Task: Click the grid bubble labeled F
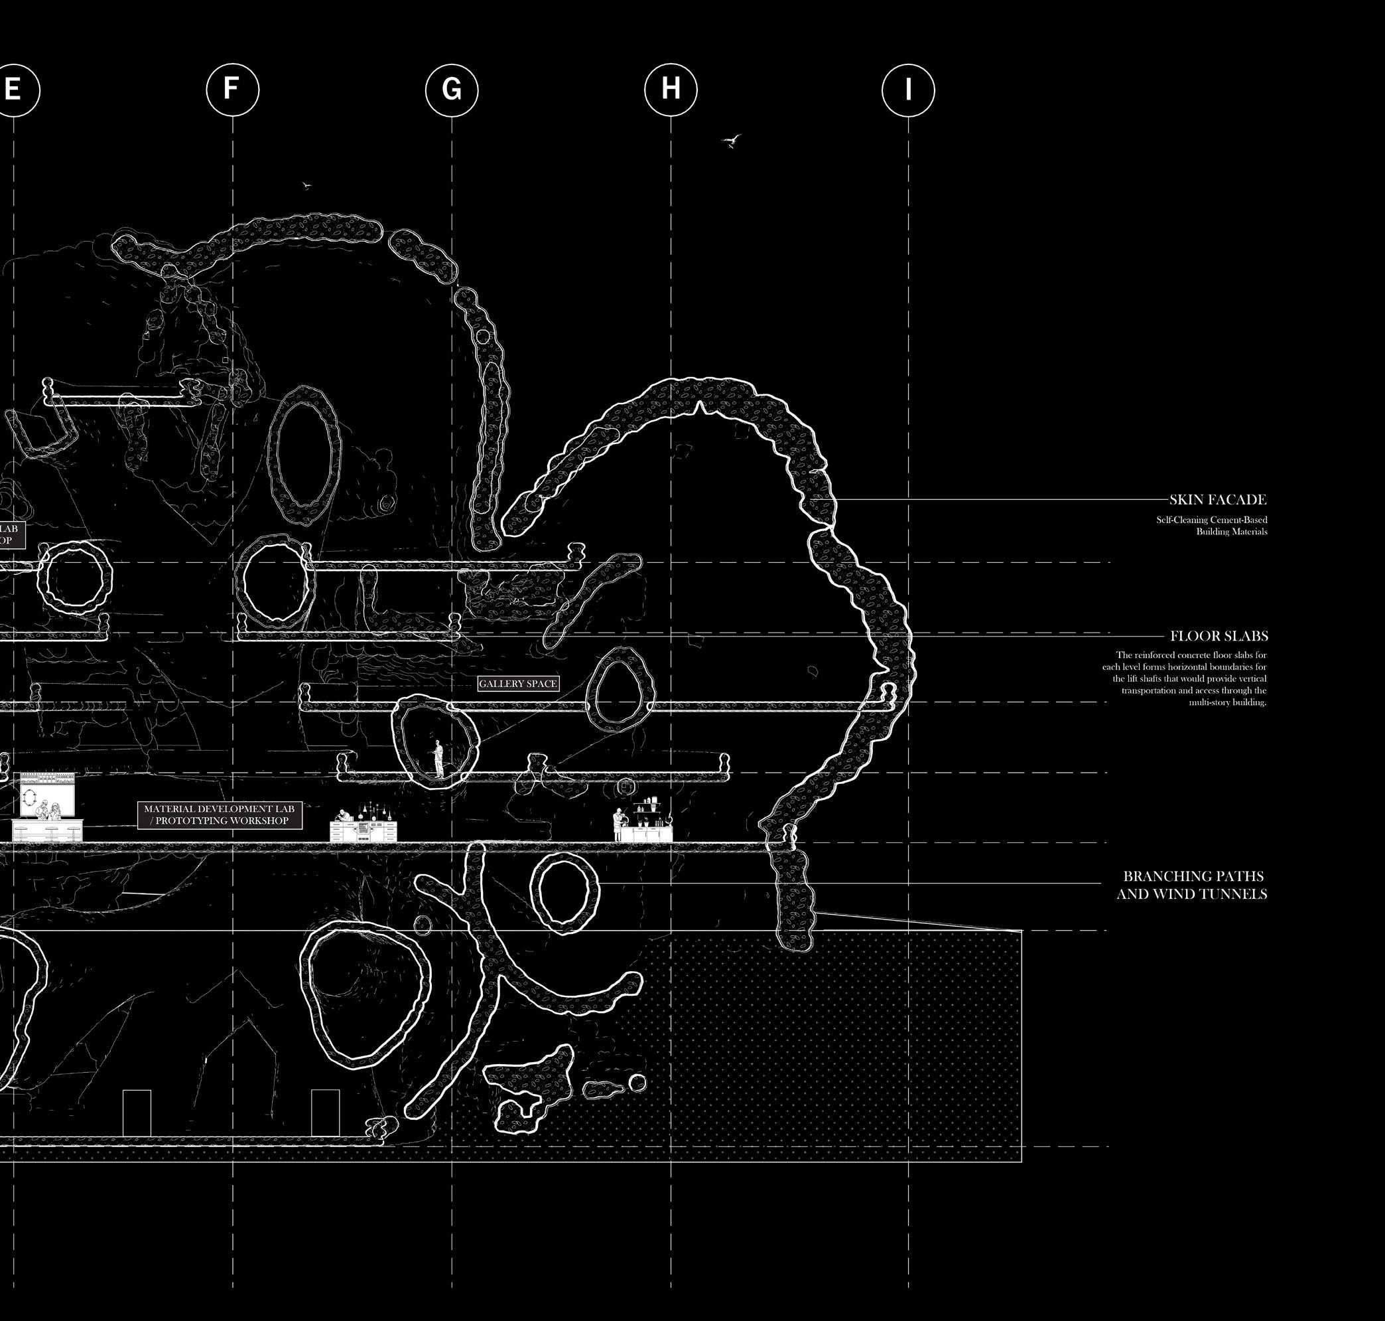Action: pyautogui.click(x=232, y=90)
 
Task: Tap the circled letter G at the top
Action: pyautogui.click(x=452, y=90)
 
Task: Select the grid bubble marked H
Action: pyautogui.click(x=671, y=90)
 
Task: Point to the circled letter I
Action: pyautogui.click(x=908, y=90)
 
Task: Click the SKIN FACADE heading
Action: pyautogui.click(x=1217, y=500)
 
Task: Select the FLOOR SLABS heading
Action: pyautogui.click(x=1219, y=637)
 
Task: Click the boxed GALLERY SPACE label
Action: pyautogui.click(x=518, y=684)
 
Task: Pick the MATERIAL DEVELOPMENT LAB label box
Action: pyautogui.click(x=220, y=815)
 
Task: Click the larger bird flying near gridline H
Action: pyautogui.click(x=732, y=141)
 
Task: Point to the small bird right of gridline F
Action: pyautogui.click(x=306, y=185)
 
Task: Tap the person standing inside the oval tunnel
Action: pyautogui.click(x=438, y=757)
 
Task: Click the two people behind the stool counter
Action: pyautogui.click(x=47, y=811)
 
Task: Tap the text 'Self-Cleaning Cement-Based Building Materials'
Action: pyautogui.click(x=1211, y=525)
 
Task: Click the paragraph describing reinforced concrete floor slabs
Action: pyautogui.click(x=1185, y=679)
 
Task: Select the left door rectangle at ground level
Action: pyautogui.click(x=137, y=1113)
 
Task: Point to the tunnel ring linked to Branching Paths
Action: pyautogui.click(x=564, y=892)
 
